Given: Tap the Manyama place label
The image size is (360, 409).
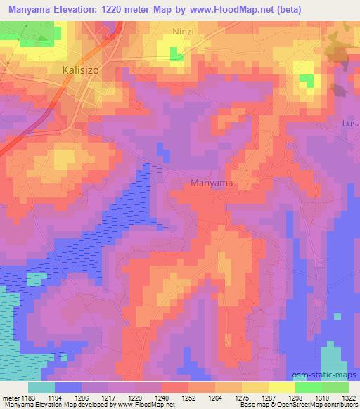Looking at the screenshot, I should click(212, 183).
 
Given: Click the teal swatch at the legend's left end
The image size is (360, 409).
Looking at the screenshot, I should click(41, 387).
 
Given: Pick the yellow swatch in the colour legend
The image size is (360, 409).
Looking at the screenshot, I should click(282, 387).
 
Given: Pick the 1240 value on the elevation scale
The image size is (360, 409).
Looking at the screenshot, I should click(161, 397).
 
